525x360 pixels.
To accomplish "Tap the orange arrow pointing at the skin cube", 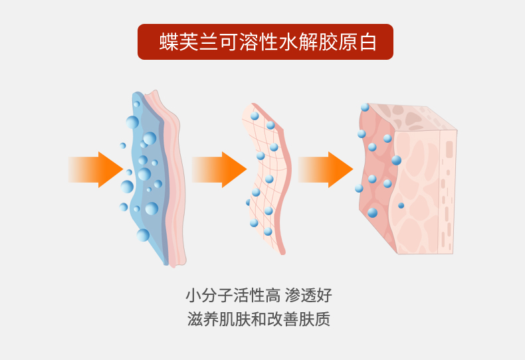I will click(x=326, y=169).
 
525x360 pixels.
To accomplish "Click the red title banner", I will click(x=265, y=42).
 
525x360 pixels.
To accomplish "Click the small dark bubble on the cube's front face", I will click(x=401, y=205).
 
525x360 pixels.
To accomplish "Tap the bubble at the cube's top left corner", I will click(x=365, y=107).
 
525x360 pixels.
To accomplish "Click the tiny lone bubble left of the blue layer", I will click(x=123, y=145).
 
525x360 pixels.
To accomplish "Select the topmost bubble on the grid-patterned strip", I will click(x=255, y=116).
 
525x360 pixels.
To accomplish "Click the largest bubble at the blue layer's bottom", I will click(x=143, y=235).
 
